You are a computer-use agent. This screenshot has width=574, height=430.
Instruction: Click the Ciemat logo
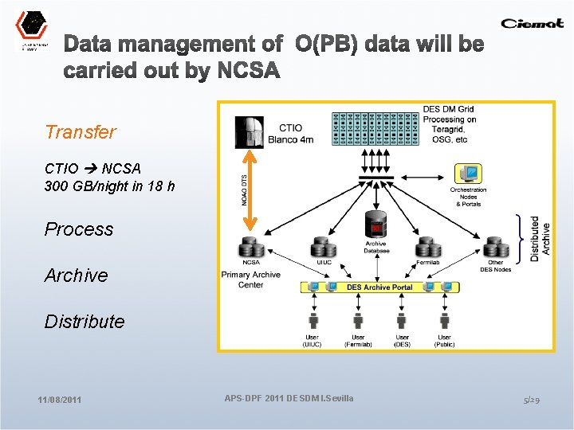(532, 23)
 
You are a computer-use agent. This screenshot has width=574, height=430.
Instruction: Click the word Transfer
(81, 132)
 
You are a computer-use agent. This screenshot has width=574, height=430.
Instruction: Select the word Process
(79, 229)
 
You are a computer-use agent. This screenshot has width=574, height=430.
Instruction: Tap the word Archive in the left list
(76, 276)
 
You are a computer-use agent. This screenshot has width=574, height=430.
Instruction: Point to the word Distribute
(85, 322)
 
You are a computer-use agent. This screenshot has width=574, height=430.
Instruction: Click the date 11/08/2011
(59, 399)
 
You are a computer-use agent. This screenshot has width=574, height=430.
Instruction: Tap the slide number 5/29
(532, 399)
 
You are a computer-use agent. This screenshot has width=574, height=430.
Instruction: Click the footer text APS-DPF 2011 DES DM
(289, 397)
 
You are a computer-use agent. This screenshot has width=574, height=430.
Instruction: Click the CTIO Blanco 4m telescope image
(250, 131)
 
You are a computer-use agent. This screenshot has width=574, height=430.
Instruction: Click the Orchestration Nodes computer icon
(468, 174)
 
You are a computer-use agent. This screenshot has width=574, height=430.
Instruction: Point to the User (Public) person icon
(445, 320)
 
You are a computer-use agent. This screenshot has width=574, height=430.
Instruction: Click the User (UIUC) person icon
(313, 320)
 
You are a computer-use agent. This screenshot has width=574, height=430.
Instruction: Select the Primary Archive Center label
(250, 279)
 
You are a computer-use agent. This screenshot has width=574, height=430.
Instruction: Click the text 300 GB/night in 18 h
(110, 186)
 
